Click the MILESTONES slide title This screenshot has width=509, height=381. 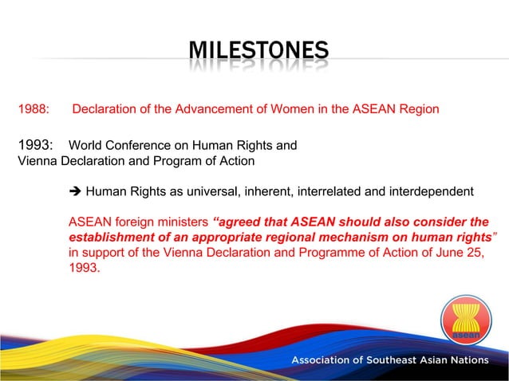click(x=258, y=53)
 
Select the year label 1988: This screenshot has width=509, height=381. click(x=34, y=108)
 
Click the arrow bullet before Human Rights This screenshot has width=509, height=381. click(x=76, y=191)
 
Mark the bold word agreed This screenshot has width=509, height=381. click(x=240, y=222)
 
